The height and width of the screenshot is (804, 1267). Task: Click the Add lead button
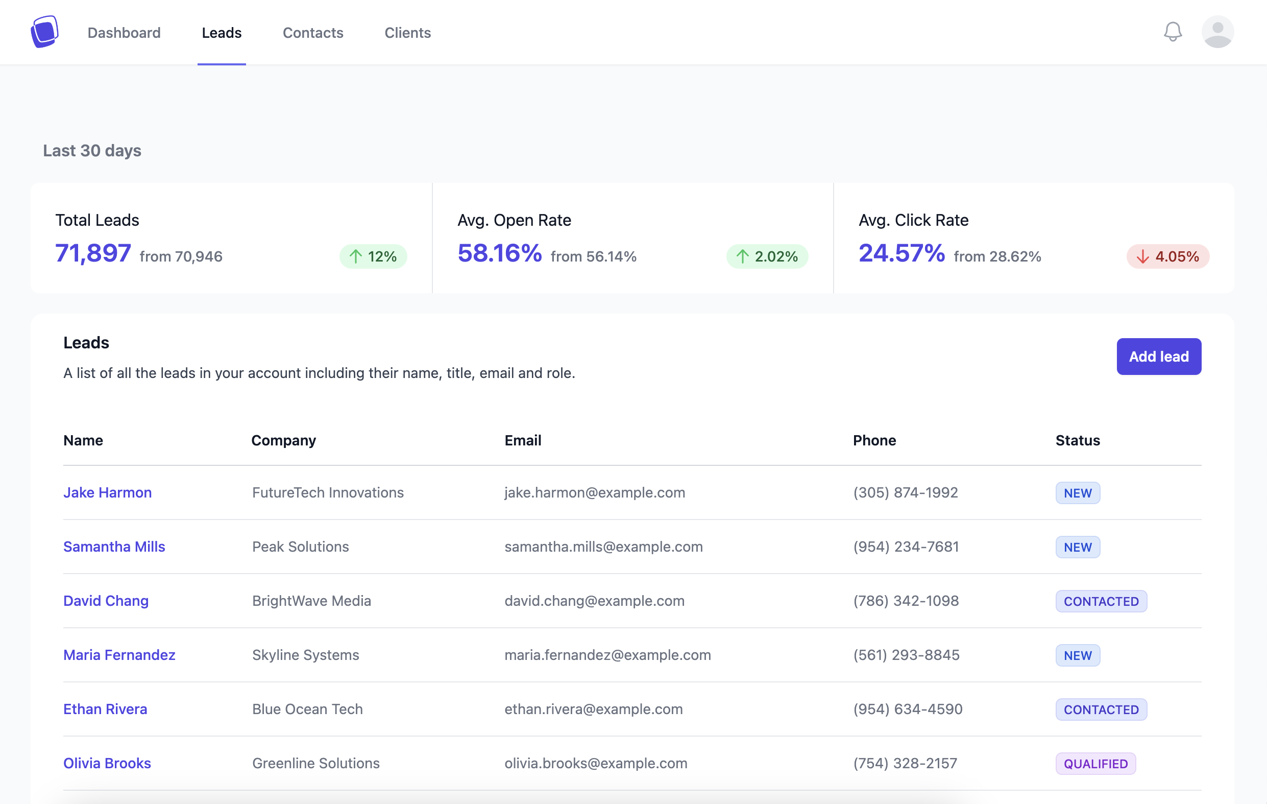[1158, 357]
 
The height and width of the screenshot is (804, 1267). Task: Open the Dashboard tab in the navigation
[124, 33]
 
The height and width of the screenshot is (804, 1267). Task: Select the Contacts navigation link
[312, 33]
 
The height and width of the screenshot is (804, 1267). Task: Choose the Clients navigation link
[407, 33]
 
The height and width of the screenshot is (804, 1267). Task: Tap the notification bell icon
[1172, 32]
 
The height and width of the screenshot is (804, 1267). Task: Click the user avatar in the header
[1217, 32]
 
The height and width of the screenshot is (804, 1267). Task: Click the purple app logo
[44, 32]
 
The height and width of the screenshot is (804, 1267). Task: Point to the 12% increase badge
[373, 256]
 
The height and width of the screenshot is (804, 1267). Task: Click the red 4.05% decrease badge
[1167, 256]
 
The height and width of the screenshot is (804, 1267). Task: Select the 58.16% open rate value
[499, 253]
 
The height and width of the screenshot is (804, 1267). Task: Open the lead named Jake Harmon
[107, 492]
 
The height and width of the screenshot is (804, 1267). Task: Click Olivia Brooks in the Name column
[107, 763]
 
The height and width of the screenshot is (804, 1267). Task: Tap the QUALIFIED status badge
[1095, 764]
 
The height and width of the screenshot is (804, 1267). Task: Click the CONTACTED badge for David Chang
[1100, 601]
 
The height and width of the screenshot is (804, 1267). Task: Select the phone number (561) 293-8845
[906, 655]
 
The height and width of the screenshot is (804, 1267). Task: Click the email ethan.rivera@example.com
[593, 709]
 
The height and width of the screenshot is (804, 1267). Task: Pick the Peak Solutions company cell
[300, 547]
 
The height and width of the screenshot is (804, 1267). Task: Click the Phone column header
[874, 440]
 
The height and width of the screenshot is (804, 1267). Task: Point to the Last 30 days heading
[92, 151]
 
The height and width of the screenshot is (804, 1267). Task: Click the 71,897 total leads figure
[92, 253]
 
